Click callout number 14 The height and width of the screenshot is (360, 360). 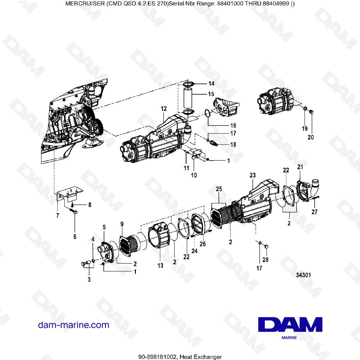coord(211,84)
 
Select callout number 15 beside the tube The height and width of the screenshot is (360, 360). coord(211,94)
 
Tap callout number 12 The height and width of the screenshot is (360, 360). coord(164,108)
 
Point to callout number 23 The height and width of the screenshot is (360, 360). coord(252,175)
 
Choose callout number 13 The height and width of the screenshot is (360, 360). coord(160,266)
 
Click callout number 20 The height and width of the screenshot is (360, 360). coord(311,137)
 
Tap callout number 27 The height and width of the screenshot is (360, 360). coord(315,212)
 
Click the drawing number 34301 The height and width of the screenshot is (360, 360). coord(303,275)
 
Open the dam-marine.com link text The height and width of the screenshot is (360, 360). coord(73,325)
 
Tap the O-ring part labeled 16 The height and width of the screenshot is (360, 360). coord(208,113)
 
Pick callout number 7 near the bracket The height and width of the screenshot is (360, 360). coord(57,215)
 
